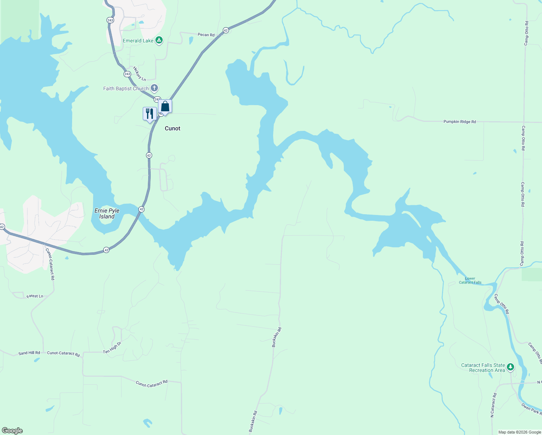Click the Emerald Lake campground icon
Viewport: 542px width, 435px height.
coord(159,40)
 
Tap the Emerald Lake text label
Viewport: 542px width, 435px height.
coord(138,41)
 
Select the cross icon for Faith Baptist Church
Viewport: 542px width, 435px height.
coord(154,88)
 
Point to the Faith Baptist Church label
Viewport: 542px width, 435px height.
coord(126,88)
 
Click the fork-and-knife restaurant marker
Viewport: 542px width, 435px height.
coord(150,114)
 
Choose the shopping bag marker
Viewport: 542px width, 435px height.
coord(165,107)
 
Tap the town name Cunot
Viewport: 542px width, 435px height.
coord(172,128)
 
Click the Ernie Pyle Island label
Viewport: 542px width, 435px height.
coord(107,214)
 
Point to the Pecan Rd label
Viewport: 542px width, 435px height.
coord(206,35)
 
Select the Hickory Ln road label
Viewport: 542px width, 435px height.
coord(139,74)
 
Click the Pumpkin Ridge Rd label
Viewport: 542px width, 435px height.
coord(460,122)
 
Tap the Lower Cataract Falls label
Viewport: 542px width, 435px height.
coord(470,281)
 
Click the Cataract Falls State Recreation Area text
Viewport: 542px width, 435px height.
coord(483,368)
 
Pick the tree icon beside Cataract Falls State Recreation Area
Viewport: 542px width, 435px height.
coord(510,367)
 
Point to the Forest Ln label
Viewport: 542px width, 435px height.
coord(35,296)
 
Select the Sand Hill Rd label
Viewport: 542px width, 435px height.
coord(29,353)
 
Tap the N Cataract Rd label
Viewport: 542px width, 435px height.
coord(493,405)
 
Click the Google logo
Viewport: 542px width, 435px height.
coord(12,431)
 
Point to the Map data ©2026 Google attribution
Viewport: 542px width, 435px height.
coord(520,432)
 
